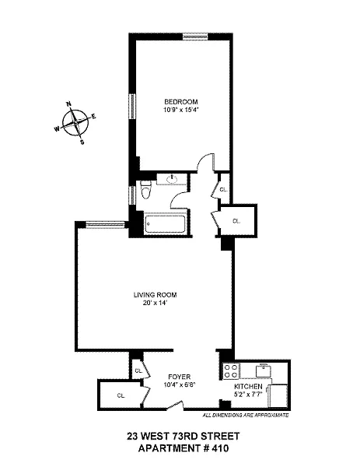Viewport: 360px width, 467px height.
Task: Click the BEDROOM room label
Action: click(x=180, y=102)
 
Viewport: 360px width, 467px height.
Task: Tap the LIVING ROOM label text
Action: click(x=155, y=295)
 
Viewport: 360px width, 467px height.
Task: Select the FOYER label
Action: click(x=179, y=377)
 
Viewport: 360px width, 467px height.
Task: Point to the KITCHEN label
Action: click(x=248, y=387)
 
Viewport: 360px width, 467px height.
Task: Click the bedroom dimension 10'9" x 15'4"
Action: click(x=180, y=110)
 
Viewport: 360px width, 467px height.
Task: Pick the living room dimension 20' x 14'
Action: click(x=155, y=304)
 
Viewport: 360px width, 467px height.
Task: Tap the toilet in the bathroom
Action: click(x=145, y=190)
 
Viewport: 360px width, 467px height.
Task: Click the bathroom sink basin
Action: click(x=172, y=179)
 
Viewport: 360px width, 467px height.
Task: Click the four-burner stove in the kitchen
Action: click(x=231, y=371)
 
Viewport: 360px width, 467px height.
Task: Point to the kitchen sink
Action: click(x=264, y=370)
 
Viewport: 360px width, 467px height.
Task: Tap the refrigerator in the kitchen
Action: click(x=278, y=396)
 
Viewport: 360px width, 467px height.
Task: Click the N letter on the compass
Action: click(x=68, y=104)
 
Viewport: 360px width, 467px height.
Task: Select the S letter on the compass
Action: click(x=82, y=142)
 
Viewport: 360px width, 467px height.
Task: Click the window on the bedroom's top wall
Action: click(x=195, y=37)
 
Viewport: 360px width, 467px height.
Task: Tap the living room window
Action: click(x=104, y=225)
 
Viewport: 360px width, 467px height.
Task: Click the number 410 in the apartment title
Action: click(x=219, y=448)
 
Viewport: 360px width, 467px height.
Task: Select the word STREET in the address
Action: click(x=221, y=437)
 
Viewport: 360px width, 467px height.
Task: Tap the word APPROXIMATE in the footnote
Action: click(x=273, y=415)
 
